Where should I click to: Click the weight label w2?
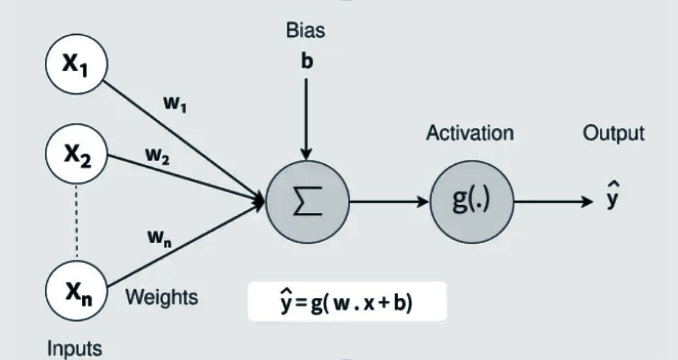(x=157, y=157)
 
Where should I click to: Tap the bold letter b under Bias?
(x=307, y=62)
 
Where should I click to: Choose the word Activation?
(x=470, y=133)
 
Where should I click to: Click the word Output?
(x=613, y=133)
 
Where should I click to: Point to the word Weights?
(x=161, y=297)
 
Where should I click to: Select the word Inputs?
(x=74, y=347)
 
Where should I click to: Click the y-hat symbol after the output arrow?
(x=610, y=198)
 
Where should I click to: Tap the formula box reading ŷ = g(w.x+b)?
(x=345, y=302)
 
